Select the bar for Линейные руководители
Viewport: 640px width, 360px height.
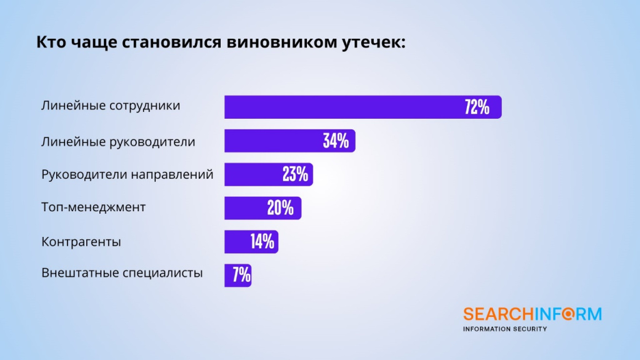pyautogui.click(x=275, y=141)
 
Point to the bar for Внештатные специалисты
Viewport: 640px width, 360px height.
pyautogui.click(x=229, y=275)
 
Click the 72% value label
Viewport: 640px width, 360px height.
pyautogui.click(x=476, y=107)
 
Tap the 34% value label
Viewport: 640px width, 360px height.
pyautogui.click(x=336, y=141)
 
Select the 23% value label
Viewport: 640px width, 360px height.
pyautogui.click(x=295, y=174)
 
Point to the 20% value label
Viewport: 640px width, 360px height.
pyautogui.click(x=281, y=208)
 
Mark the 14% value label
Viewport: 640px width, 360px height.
pyautogui.click(x=262, y=242)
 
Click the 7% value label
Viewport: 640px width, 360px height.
pyautogui.click(x=241, y=275)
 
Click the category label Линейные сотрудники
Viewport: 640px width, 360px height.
pyautogui.click(x=111, y=106)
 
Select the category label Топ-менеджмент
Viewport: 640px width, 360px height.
pyautogui.click(x=93, y=207)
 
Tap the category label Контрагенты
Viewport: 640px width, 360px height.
pyautogui.click(x=81, y=241)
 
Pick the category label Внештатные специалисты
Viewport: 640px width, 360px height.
pyautogui.click(x=122, y=273)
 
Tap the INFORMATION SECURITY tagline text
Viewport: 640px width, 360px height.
pyautogui.click(x=504, y=329)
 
